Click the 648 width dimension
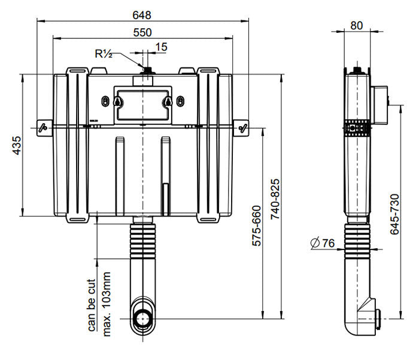pos(142,13)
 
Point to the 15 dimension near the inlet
pos(161,47)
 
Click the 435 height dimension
pos(16,145)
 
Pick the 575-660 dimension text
pos(256,226)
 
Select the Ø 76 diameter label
pos(323,243)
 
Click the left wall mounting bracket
pos(42,127)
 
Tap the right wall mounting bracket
pos(242,127)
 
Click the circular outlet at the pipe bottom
pos(142,317)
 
